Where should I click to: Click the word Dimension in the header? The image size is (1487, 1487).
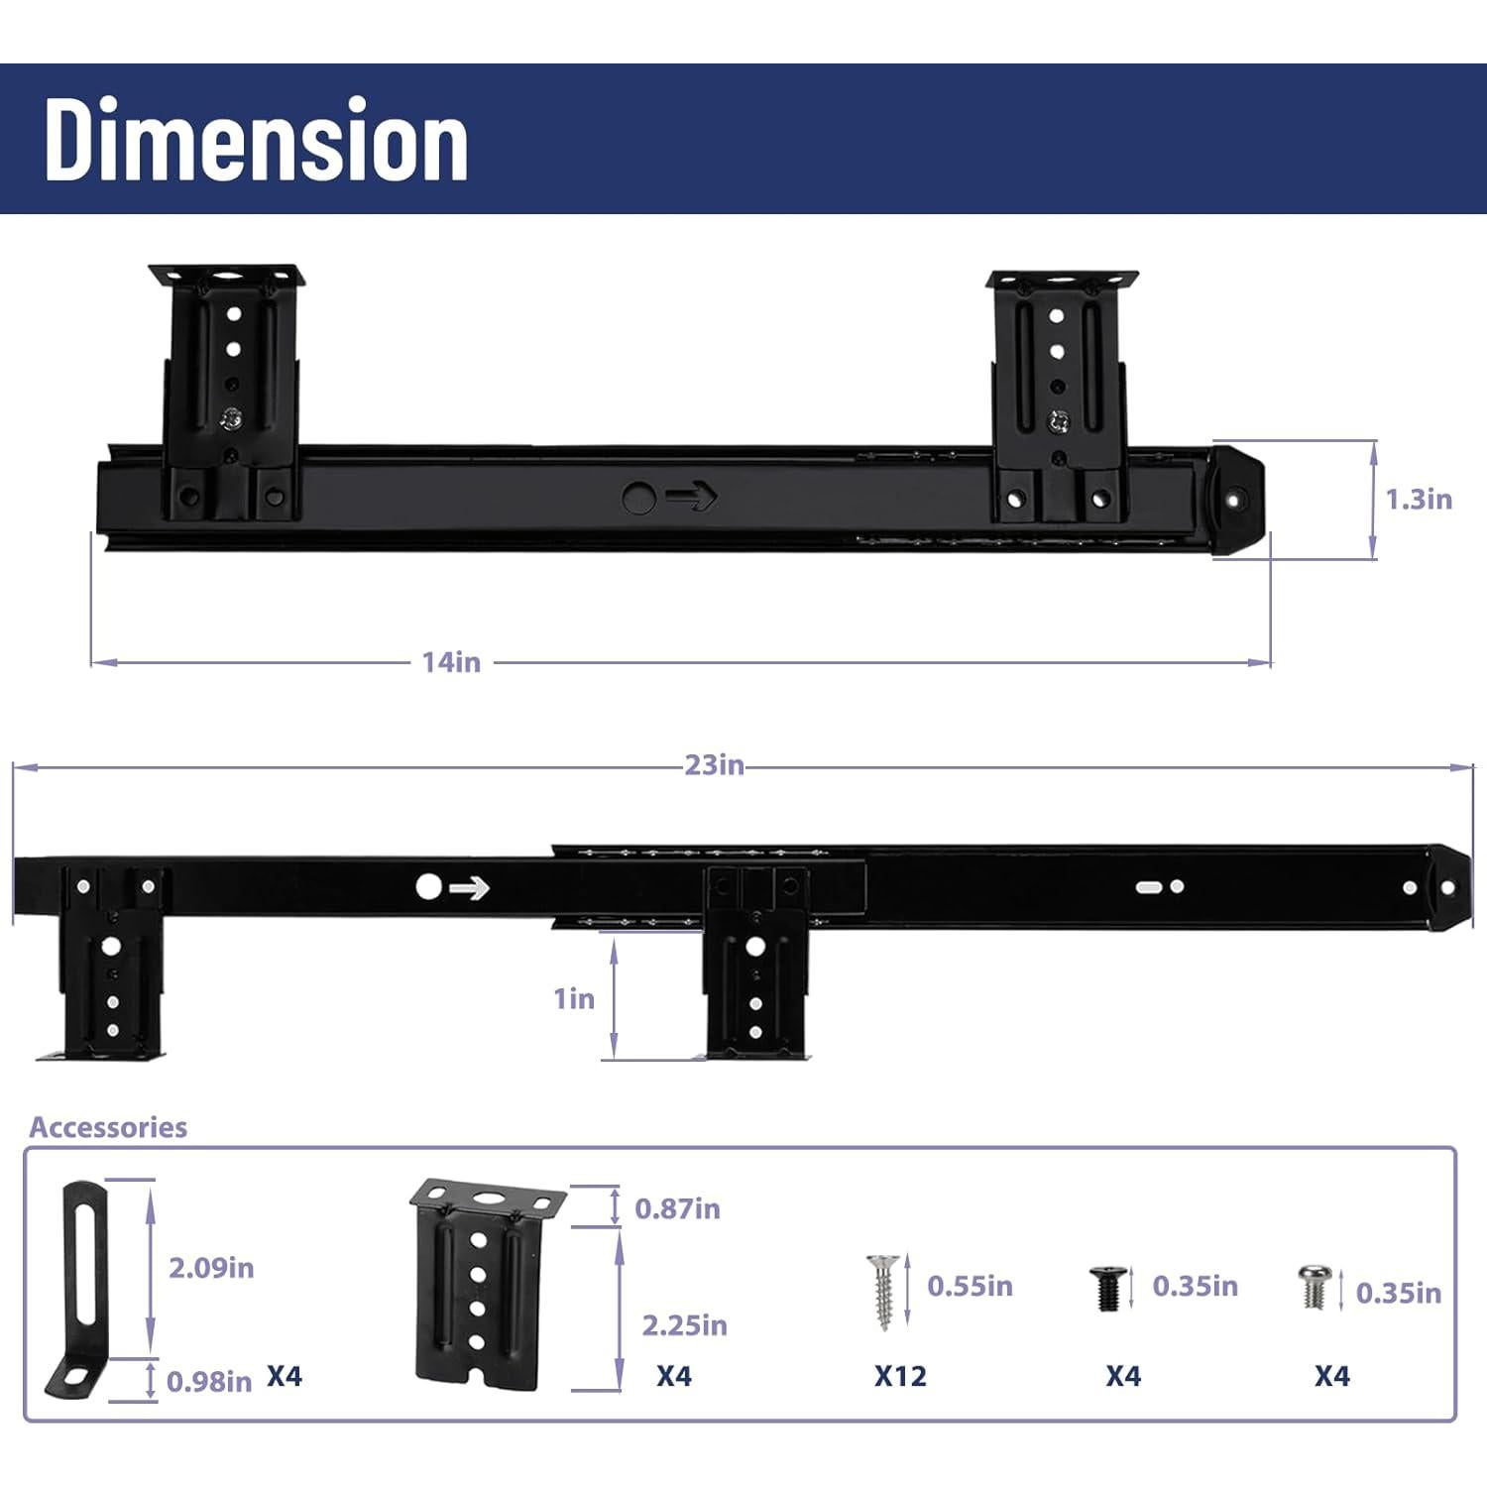[x=256, y=141]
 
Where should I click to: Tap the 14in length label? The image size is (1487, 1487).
[x=451, y=662]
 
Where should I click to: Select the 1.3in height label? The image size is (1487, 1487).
[x=1419, y=500]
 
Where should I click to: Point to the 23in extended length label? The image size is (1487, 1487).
[x=714, y=765]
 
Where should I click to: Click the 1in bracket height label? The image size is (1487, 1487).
[x=574, y=998]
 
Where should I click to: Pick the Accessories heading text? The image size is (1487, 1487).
[x=108, y=1127]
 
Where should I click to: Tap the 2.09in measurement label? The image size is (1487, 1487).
[x=211, y=1268]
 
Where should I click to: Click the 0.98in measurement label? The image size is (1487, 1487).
[x=209, y=1382]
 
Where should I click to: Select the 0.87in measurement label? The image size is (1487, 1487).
[x=677, y=1208]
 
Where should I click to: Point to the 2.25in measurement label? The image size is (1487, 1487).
[x=684, y=1325]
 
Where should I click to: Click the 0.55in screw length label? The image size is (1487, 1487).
[x=970, y=1286]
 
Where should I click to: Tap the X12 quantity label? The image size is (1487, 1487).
[x=900, y=1376]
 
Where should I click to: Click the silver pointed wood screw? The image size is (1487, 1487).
[x=882, y=1292]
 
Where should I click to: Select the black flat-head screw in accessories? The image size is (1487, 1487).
[x=1107, y=1288]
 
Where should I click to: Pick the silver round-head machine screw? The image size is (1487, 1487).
[x=1314, y=1287]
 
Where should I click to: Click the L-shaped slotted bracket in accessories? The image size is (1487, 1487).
[x=78, y=1289]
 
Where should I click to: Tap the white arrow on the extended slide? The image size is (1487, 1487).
[x=469, y=888]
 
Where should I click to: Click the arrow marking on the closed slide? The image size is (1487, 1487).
[x=692, y=498]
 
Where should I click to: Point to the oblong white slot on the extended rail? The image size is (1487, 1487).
[x=1150, y=886]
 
